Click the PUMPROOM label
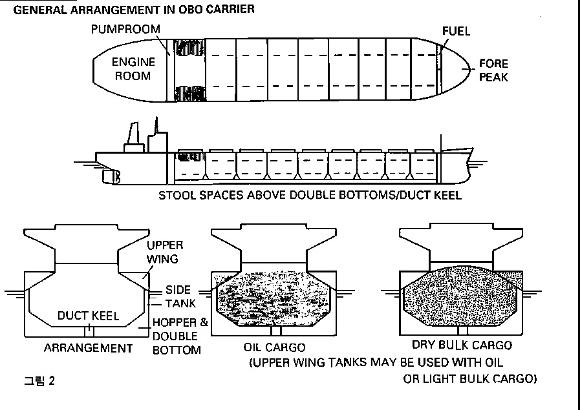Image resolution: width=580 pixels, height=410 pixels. [x=125, y=30]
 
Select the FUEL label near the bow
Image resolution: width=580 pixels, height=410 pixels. [x=456, y=31]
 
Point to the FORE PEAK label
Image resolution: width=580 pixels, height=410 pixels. [x=493, y=70]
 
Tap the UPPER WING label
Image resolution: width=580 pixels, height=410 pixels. [x=164, y=252]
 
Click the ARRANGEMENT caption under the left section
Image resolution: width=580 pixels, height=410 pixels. [x=88, y=348]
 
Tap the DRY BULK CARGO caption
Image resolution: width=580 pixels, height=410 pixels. [x=462, y=345]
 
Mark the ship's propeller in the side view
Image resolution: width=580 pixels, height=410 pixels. [x=116, y=176]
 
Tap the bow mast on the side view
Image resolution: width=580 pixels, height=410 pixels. [x=440, y=143]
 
